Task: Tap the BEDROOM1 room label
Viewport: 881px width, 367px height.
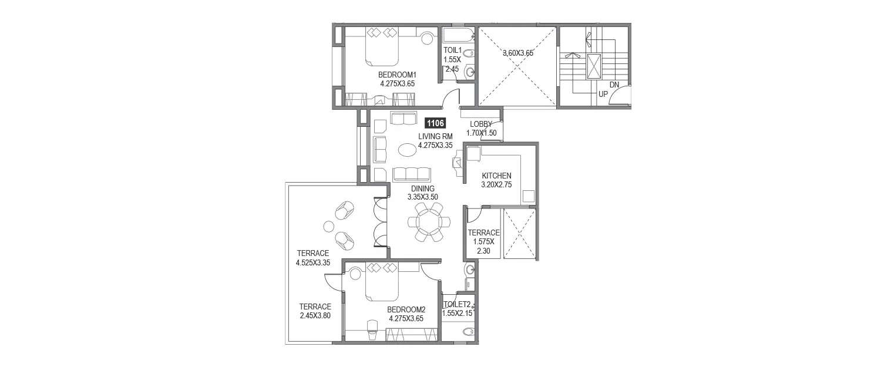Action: pyautogui.click(x=397, y=75)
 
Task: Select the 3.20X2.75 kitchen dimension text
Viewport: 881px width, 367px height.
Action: pyautogui.click(x=496, y=184)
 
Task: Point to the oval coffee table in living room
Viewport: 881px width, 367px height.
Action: pyautogui.click(x=407, y=150)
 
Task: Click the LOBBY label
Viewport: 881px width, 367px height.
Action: pyautogui.click(x=481, y=124)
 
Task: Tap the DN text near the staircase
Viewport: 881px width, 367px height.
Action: pyautogui.click(x=614, y=85)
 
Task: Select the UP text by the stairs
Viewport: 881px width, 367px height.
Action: pyautogui.click(x=603, y=94)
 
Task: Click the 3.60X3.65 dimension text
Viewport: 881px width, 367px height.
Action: pyautogui.click(x=517, y=53)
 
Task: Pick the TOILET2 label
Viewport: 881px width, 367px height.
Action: pyautogui.click(x=457, y=304)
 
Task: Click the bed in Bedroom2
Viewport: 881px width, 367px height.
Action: pyautogui.click(x=382, y=282)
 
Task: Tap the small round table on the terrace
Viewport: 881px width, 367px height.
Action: pyautogui.click(x=328, y=226)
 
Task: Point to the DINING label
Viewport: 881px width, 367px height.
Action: pyautogui.click(x=422, y=188)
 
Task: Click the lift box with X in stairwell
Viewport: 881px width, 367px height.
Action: pyautogui.click(x=594, y=66)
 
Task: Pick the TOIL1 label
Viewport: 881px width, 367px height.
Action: pyautogui.click(x=453, y=50)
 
